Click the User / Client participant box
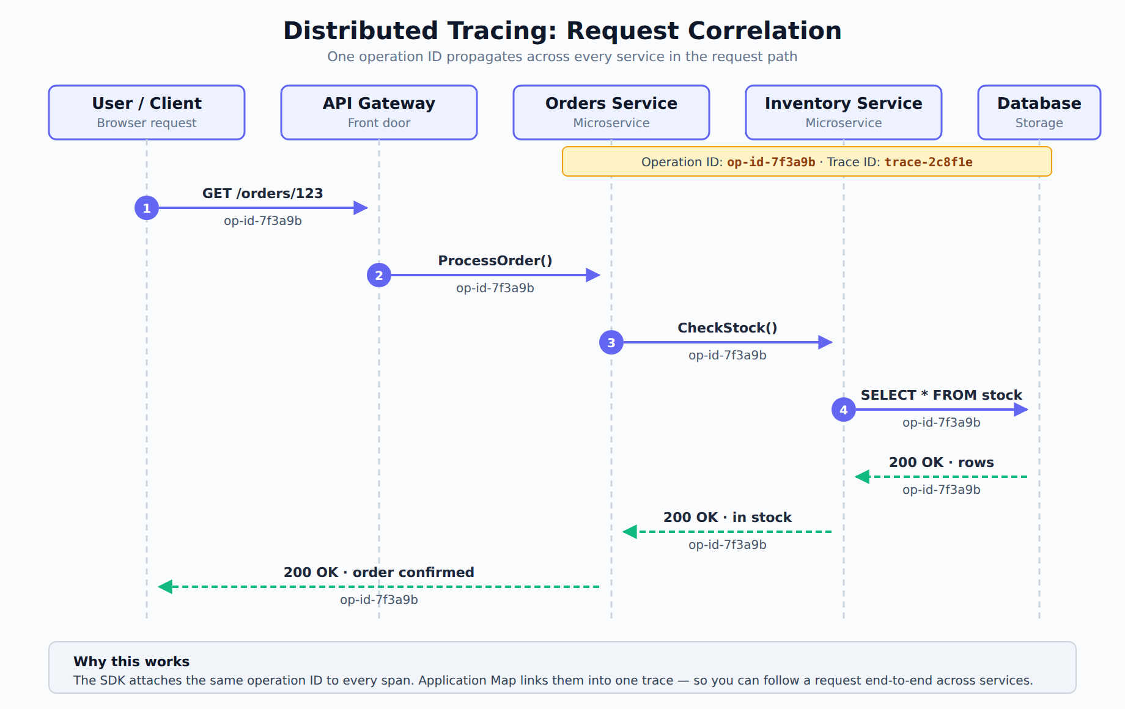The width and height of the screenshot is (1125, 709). pos(147,112)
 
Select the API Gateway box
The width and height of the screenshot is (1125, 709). pos(379,112)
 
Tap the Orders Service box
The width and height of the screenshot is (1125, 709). pos(611,112)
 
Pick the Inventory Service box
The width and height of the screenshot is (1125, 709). pos(844,112)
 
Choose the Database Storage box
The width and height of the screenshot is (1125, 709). pos(1039,112)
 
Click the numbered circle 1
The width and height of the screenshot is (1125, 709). pos(147,208)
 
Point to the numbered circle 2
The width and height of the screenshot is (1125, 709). pos(379,275)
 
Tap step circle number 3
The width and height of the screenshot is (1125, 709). pos(611,342)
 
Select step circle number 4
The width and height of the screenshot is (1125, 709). pos(844,410)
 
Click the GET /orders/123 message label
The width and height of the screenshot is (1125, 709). pos(263,193)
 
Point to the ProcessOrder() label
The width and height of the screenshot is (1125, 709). pos(495,260)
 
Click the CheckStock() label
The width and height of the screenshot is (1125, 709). pos(728,328)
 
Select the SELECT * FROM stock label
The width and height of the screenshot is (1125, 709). pos(942,395)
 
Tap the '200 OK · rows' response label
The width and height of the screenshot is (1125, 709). pos(942,462)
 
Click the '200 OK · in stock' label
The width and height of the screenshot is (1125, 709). pos(728,517)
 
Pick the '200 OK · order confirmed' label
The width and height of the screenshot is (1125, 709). pos(379,572)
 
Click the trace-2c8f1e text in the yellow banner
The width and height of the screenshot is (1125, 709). pos(929,162)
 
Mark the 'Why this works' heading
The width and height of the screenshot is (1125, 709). pos(131,661)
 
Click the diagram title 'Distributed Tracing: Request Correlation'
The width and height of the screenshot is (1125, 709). pos(562,31)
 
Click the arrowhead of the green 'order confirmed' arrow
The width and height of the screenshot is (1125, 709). pos(165,587)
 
